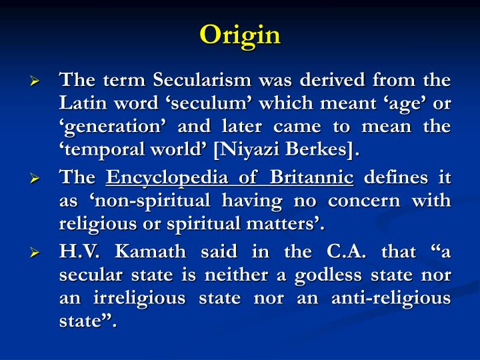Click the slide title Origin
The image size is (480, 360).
(240, 35)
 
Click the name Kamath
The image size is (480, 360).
(147, 253)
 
